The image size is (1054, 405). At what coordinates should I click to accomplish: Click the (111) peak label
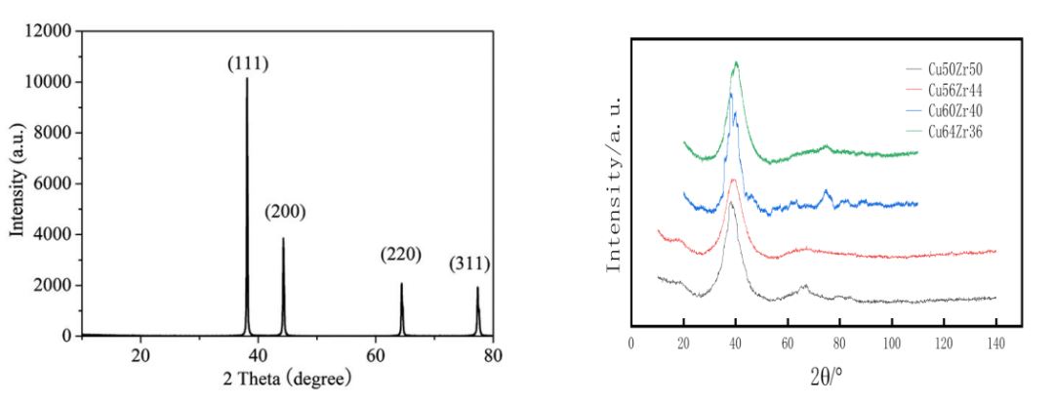click(x=248, y=64)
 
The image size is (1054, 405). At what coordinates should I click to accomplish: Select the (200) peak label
click(x=284, y=212)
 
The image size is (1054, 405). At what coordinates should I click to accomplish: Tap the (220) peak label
click(x=400, y=256)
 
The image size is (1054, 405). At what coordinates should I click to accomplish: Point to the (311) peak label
click(x=469, y=263)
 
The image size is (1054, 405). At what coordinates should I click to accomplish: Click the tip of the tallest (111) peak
click(x=247, y=78)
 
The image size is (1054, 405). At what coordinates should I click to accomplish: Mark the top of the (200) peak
click(x=283, y=238)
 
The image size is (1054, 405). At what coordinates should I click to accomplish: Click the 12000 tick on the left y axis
click(x=47, y=32)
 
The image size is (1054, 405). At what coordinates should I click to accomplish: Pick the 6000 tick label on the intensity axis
click(x=51, y=184)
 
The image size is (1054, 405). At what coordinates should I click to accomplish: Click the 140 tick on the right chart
click(x=995, y=344)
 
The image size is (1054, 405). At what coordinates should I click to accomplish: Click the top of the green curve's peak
click(x=736, y=63)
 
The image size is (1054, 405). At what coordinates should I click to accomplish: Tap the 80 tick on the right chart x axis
click(x=839, y=344)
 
